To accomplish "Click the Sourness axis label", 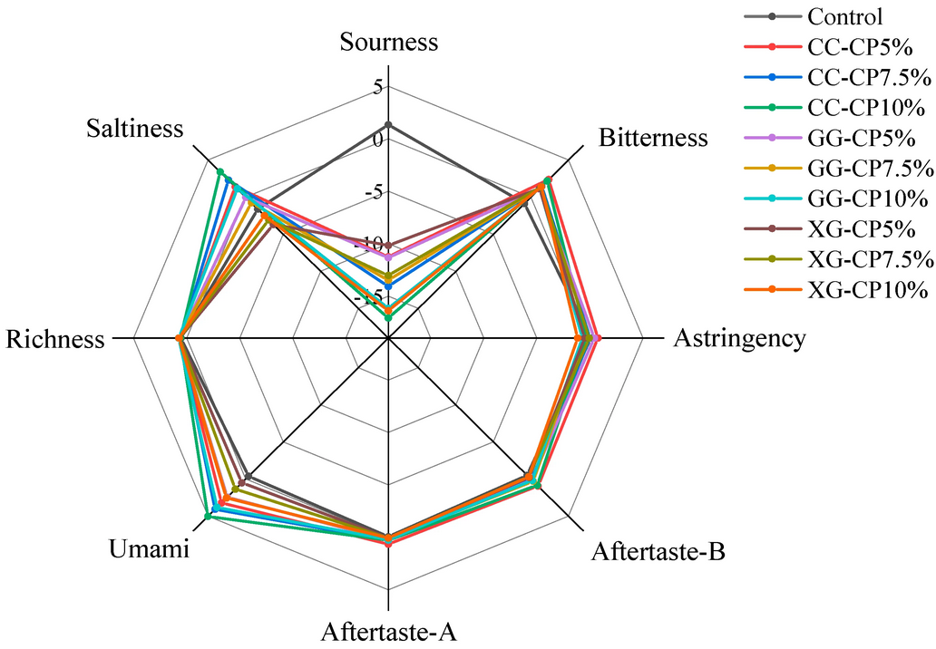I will [x=389, y=43].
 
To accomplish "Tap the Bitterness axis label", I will [x=653, y=139].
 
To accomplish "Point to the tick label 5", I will [x=376, y=88].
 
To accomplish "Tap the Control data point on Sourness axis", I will [x=389, y=124].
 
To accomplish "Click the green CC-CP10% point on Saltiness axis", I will [x=219, y=171].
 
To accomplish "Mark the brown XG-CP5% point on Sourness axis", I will [x=389, y=246].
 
